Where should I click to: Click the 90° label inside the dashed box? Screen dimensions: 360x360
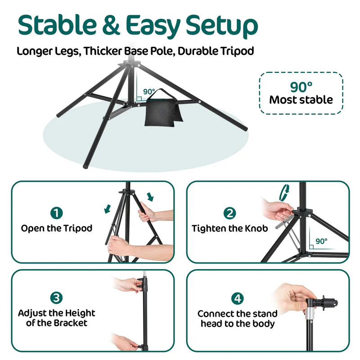[301, 85]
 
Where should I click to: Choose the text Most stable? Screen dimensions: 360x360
[301, 99]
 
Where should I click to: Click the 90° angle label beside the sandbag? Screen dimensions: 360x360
[148, 92]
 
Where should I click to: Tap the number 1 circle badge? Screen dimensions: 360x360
[57, 213]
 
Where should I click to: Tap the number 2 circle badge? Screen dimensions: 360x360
[229, 213]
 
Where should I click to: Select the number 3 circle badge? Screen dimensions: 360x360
[57, 297]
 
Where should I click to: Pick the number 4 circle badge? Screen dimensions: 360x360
[237, 298]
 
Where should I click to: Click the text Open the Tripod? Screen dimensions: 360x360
[57, 228]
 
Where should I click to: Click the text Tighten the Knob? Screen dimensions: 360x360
[229, 228]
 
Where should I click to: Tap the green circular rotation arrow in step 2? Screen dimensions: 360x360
[284, 192]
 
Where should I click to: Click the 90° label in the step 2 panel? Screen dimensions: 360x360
[321, 241]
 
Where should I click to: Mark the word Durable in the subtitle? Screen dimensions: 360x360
[197, 50]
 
